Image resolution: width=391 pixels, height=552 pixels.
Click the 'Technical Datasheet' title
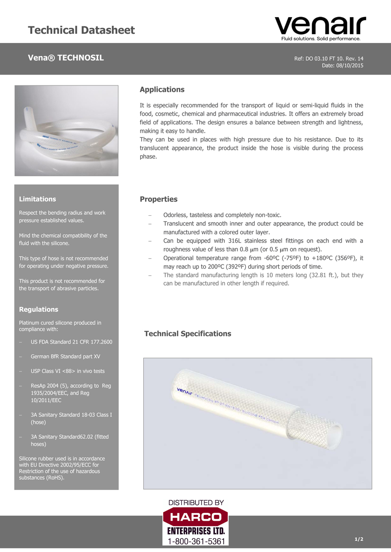pos(81,30)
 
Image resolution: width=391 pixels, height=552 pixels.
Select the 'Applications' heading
pos(162,89)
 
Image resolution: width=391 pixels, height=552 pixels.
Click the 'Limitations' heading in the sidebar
pos(37,199)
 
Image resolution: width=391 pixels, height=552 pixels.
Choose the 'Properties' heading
pos(158,199)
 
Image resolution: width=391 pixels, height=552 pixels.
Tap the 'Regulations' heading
pos(38,309)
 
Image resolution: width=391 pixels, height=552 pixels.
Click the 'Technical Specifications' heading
pos(188,334)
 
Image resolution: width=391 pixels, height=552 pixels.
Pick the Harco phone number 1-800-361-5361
pos(196,542)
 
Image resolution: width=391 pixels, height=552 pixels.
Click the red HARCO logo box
pos(195,517)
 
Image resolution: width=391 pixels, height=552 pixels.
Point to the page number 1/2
pos(359,539)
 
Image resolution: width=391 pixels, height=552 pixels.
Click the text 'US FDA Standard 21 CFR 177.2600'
pos(71,342)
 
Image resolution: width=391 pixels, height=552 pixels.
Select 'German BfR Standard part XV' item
pos(65,356)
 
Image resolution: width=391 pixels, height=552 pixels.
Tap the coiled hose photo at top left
pos(66,131)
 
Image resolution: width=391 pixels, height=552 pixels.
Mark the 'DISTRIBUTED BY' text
pos(196,502)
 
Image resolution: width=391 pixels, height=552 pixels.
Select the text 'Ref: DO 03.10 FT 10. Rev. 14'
pos(328,59)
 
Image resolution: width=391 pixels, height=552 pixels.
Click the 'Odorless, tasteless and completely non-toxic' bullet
pos(222,215)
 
